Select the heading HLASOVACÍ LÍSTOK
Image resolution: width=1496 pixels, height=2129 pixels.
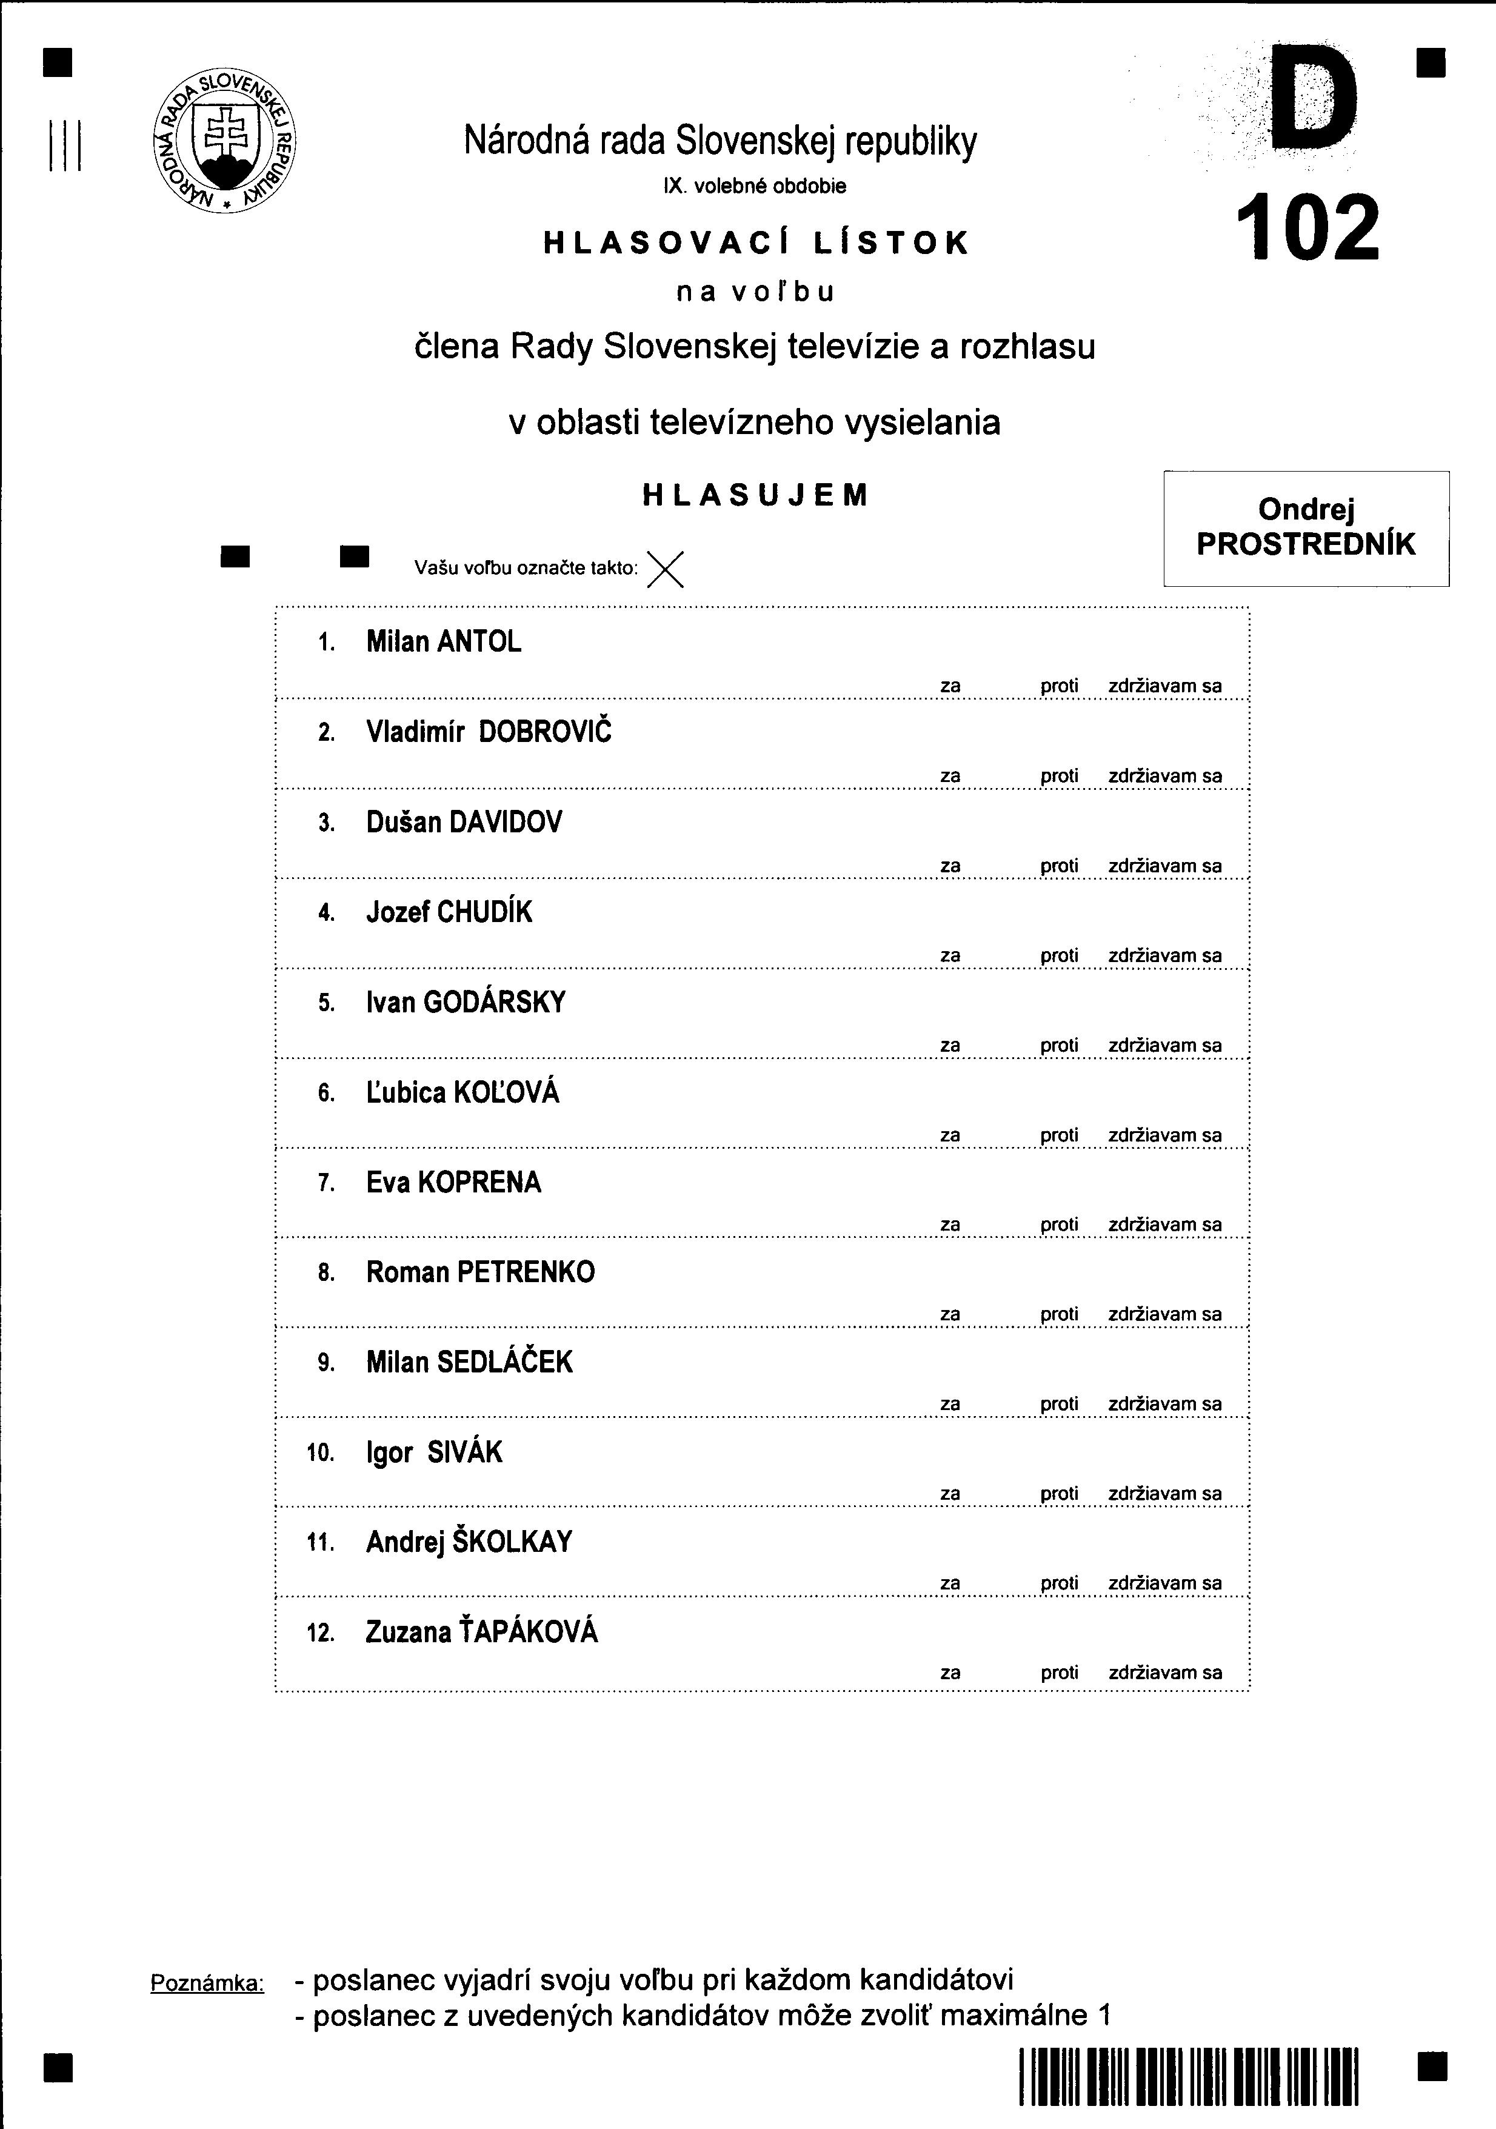[x=756, y=243]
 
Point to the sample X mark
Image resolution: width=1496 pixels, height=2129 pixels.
[x=665, y=569]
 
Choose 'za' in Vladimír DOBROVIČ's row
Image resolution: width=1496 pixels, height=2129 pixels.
[x=950, y=776]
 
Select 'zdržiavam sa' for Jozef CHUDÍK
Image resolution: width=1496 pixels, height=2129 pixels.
[x=1165, y=956]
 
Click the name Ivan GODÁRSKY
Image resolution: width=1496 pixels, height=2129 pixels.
[x=466, y=1003]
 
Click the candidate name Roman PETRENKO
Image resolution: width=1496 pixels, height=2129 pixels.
[x=481, y=1272]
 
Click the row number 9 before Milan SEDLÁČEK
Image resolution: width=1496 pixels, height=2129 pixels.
[x=326, y=1363]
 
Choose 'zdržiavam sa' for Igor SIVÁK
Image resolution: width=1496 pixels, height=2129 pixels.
[x=1165, y=1494]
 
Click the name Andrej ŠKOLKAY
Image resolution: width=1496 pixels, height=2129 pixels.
[x=469, y=1542]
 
